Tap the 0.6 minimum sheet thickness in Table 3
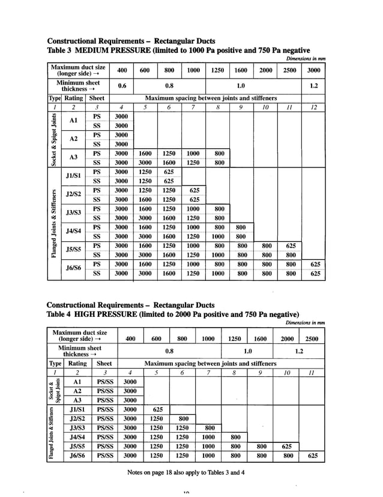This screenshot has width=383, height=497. point(122,85)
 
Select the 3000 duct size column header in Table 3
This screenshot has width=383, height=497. point(313,70)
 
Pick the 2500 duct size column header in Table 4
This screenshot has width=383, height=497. point(312,339)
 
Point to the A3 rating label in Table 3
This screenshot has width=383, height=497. point(74,157)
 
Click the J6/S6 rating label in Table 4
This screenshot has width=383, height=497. point(76,456)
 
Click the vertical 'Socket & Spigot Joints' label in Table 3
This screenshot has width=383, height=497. point(54,139)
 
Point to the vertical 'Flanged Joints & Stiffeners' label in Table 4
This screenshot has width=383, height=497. point(52,433)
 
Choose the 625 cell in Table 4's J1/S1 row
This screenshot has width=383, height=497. point(157,409)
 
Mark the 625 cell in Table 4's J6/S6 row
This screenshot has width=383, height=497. point(312,456)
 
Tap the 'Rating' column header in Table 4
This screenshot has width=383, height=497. point(77,363)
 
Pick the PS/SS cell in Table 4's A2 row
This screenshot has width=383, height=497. point(104,391)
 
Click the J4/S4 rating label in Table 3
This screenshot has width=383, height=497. point(74,231)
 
